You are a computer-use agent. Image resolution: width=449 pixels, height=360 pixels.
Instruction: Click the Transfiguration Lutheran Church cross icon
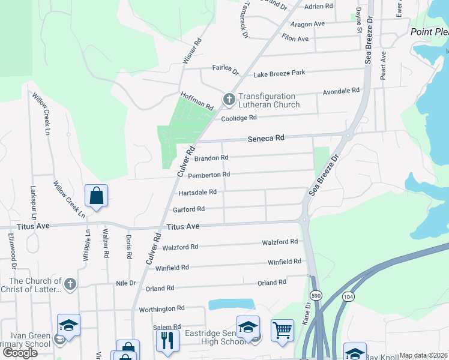coord(229,100)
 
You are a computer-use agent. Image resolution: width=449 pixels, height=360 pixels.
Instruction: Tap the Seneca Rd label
coord(266,138)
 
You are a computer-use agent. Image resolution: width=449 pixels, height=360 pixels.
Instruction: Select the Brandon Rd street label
coord(211,158)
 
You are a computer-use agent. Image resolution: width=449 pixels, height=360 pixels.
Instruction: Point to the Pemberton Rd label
coord(209,175)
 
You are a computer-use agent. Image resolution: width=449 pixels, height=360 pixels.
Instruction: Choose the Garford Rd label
coord(189,209)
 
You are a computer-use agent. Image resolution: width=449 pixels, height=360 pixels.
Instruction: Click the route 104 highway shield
coord(349,296)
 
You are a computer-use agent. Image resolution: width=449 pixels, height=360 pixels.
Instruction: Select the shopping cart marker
coord(282,329)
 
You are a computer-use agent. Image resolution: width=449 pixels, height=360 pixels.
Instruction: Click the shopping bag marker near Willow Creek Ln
coord(96,195)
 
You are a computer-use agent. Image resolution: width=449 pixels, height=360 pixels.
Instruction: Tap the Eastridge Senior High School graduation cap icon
coord(248,327)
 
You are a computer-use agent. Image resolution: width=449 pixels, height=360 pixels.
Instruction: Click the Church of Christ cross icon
coord(70,284)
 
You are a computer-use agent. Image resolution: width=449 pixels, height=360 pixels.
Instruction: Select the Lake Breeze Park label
coord(279,73)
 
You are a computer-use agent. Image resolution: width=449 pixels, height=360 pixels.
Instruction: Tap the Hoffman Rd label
coord(197,101)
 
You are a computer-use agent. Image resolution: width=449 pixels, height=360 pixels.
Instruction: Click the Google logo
coord(20,353)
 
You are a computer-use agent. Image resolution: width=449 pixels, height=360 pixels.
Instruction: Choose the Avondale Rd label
coord(341,91)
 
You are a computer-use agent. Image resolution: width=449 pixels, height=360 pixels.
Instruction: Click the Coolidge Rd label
coord(239,118)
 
